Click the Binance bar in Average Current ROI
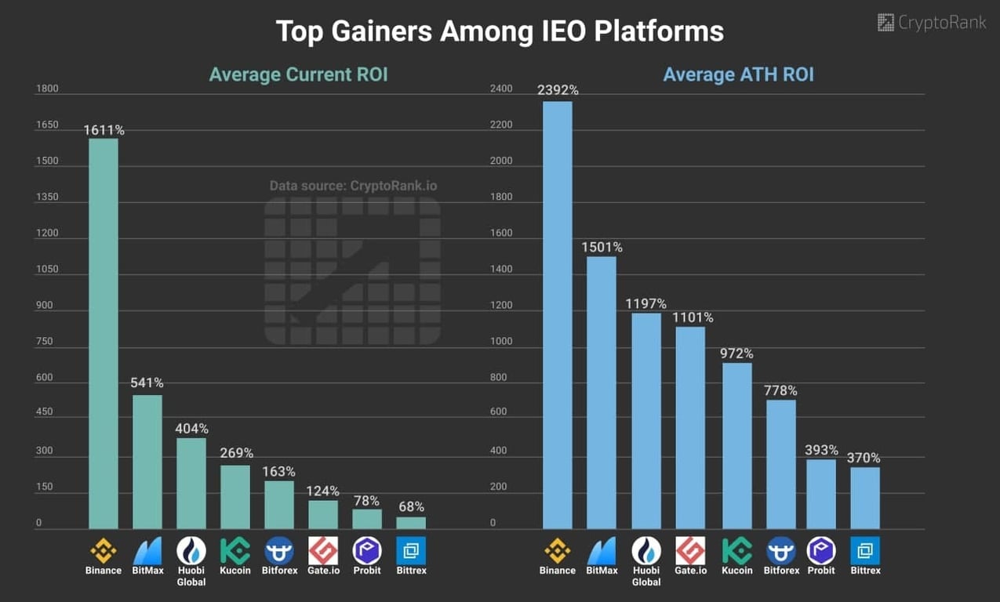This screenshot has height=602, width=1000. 104,333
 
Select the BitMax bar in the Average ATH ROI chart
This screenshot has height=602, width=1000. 602,392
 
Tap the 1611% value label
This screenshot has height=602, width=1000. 104,130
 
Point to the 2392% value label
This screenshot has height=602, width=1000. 558,90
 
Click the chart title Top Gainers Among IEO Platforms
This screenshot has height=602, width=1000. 500,31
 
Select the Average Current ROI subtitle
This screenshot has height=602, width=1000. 298,74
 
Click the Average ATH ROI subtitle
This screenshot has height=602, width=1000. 738,74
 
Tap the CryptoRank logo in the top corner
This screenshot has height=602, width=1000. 932,22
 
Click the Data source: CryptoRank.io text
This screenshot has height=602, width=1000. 353,186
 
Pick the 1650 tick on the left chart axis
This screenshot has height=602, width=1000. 47,125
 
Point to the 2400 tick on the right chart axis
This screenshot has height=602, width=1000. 501,89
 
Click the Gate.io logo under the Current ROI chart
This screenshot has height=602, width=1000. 323,550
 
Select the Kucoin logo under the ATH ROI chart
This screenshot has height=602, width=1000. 736,550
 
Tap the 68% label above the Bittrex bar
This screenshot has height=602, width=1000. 411,507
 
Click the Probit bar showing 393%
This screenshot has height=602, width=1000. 821,494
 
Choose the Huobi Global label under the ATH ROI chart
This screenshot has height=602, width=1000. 646,576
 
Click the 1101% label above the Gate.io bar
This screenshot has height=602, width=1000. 693,317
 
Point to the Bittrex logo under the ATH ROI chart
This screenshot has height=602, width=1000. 865,550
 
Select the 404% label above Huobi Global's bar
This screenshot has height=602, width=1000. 191,429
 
